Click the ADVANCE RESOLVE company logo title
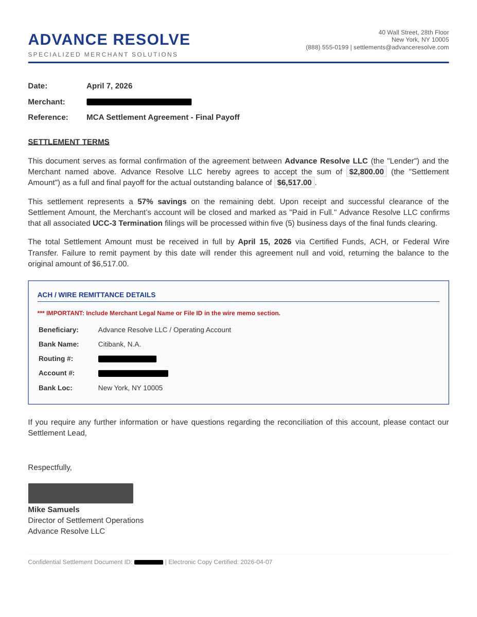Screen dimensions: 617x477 pos(109,40)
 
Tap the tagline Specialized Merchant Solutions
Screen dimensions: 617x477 pos(103,55)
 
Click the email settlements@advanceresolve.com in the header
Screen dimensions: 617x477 pos(401,47)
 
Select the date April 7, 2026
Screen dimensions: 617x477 pos(109,86)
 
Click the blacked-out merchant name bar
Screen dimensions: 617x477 pos(139,102)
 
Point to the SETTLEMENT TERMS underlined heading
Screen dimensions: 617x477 pos(68,142)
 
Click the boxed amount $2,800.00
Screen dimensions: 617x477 pos(366,172)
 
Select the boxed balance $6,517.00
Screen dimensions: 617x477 pos(294,183)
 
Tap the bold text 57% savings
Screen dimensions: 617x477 pos(162,202)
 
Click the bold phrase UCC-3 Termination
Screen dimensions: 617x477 pos(127,223)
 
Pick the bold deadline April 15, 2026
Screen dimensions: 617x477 pos(264,242)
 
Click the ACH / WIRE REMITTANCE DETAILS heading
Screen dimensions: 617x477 pos(96,295)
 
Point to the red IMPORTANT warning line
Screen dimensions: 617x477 pos(159,313)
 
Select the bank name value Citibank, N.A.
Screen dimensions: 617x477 pos(119,344)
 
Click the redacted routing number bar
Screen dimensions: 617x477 pos(127,359)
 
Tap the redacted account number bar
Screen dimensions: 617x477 pos(133,373)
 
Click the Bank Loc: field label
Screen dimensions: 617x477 pos(56,388)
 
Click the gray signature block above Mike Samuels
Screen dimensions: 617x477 pos(80,493)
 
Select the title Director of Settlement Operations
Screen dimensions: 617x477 pos(85,520)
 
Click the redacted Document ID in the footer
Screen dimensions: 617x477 pos(149,562)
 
